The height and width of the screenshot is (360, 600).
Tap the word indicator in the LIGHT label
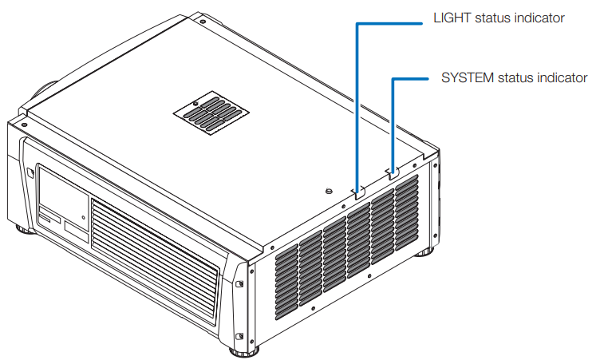coord(538,18)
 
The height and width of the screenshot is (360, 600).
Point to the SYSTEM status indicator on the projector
coord(392,172)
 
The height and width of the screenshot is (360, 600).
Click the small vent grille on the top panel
coord(212,114)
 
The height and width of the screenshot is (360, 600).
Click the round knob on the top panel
coord(328,191)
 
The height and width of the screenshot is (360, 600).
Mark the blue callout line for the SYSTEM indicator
coord(392,120)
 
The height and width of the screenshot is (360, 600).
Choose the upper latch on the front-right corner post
coord(240,283)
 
